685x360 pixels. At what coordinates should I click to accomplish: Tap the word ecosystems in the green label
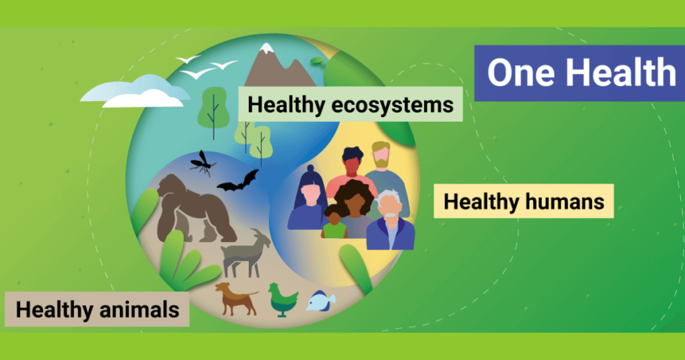coord(392,105)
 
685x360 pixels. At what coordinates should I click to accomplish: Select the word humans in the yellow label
coord(565,201)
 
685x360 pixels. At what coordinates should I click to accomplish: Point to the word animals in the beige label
coord(139,309)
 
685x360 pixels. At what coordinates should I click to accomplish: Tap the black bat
coord(238,181)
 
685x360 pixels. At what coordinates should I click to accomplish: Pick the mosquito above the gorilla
coord(202,163)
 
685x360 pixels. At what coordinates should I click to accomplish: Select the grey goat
coord(246,254)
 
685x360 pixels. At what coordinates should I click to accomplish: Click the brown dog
coord(236,298)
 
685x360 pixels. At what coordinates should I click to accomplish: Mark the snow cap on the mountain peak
coord(266,49)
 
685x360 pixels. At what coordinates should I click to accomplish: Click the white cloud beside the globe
coord(135,92)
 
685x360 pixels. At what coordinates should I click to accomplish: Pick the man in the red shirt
coord(352,171)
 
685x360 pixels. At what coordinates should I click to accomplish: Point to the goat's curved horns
coord(256,233)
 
